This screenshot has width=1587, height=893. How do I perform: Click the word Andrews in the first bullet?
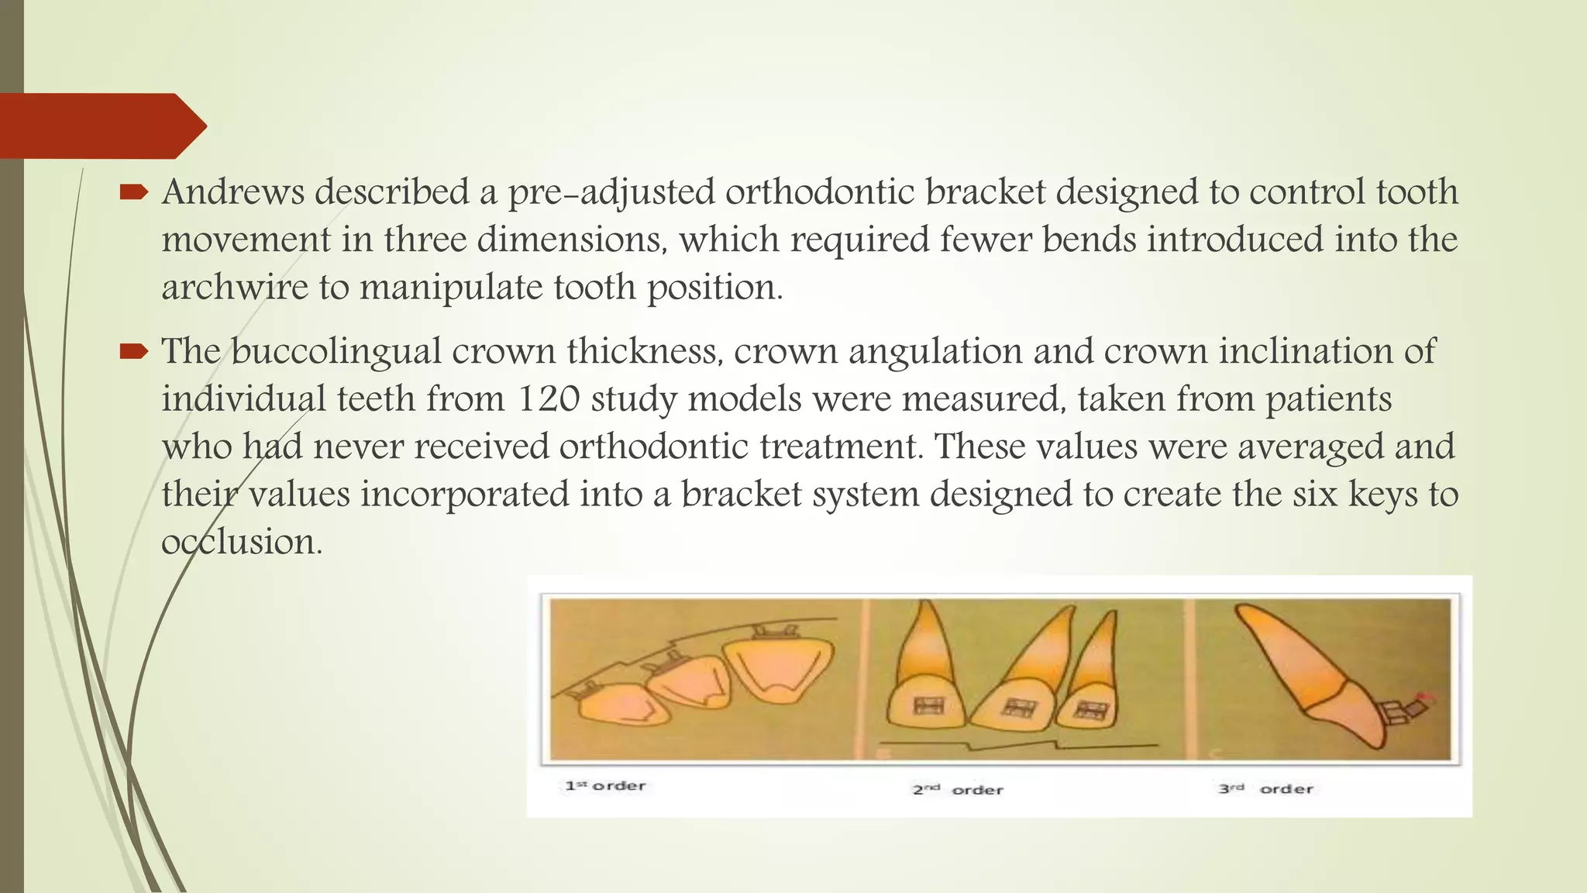coord(233,192)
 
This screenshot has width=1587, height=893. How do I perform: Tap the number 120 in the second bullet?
coord(548,399)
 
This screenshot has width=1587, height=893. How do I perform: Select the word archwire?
coord(234,288)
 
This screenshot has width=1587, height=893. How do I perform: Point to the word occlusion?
coord(240,542)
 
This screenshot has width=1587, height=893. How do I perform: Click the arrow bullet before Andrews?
coord(133,192)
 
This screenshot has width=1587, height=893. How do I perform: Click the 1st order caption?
coord(605,786)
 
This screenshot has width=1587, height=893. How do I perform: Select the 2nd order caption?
coord(958,790)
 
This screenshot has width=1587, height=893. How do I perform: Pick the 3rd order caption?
coord(1265,789)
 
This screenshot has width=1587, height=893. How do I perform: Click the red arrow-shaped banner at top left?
coord(101,126)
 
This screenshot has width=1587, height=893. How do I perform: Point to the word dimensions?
coord(572,240)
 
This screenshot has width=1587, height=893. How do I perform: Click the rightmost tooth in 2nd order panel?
coord(1091,682)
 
